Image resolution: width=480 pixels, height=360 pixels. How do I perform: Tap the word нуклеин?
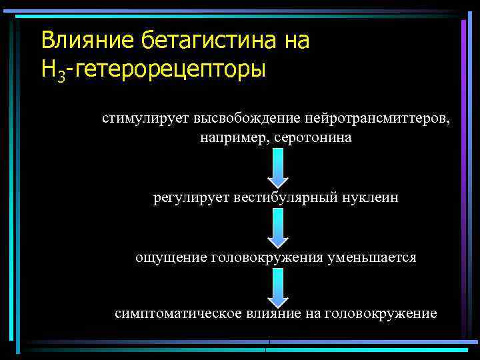(371, 197)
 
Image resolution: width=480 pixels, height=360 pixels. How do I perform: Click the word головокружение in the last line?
(380, 313)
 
